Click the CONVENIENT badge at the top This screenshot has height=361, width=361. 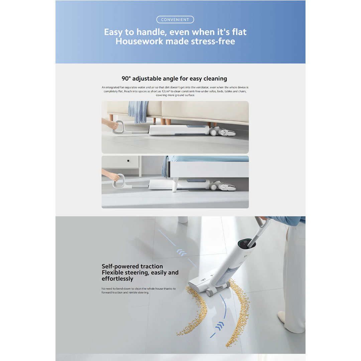[x=175, y=20]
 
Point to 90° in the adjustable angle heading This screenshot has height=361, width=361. [x=126, y=79]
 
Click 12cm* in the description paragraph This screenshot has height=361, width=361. [x=165, y=91]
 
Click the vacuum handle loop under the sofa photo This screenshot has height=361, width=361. [x=118, y=127]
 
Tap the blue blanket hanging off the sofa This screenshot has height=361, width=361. [x=138, y=112]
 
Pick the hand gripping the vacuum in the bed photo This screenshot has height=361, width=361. [x=113, y=176]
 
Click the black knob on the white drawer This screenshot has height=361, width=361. [x=128, y=161]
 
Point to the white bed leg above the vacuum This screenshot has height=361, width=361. [x=175, y=185]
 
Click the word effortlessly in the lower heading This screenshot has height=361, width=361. [x=117, y=279]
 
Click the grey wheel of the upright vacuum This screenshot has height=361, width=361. [x=210, y=292]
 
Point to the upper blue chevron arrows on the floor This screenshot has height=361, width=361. [x=182, y=253]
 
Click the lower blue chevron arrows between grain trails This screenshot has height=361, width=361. [x=219, y=326]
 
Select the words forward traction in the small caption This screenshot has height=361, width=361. [x=112, y=292]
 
